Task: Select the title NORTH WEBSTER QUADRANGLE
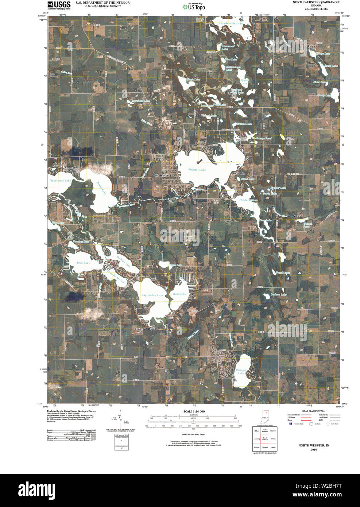point(316,2)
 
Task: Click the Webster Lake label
point(197,170)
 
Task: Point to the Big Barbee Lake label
point(152,295)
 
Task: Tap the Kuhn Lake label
point(179,294)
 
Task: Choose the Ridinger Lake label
point(241,372)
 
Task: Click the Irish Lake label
point(83,263)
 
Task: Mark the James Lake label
point(101,188)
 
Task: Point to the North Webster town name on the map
point(164,176)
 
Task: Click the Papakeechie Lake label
point(231,23)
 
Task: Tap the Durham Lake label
point(278,294)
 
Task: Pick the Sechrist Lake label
point(123,262)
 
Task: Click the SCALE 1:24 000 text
point(194,411)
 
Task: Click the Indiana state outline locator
point(265,417)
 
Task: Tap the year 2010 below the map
point(314,449)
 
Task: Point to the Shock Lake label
point(193,79)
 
